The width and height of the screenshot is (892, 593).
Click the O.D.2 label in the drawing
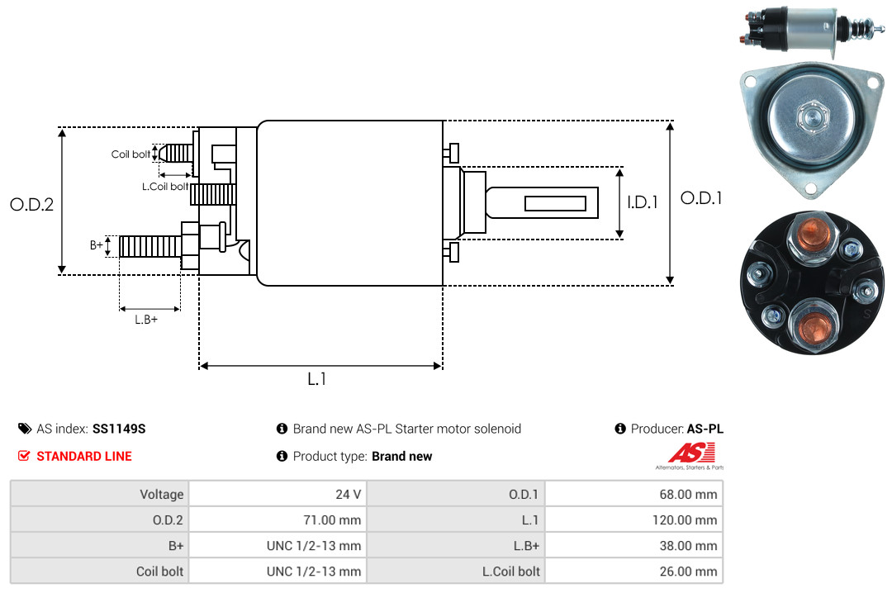point(32,204)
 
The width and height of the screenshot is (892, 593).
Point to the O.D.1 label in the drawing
point(701,198)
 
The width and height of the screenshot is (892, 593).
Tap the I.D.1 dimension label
point(643,202)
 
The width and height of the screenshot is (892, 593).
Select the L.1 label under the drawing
point(317,379)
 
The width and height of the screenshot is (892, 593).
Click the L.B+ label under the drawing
point(146,320)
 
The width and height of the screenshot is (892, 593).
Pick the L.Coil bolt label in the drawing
point(165,186)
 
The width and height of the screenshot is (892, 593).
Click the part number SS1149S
point(119,429)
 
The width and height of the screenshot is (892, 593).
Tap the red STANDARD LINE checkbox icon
point(24,456)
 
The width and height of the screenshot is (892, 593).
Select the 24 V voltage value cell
point(278,494)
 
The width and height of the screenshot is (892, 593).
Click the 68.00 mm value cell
point(633,494)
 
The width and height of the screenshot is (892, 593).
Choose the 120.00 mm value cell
point(633,519)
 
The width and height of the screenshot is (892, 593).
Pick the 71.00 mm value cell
point(278,519)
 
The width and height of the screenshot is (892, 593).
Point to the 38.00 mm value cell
point(633,546)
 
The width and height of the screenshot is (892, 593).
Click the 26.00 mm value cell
point(633,572)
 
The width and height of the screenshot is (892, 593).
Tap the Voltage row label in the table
point(162,495)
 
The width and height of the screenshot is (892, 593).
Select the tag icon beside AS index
point(25,429)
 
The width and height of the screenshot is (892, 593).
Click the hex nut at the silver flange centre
point(813,116)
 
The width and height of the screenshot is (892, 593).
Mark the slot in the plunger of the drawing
point(555,203)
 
